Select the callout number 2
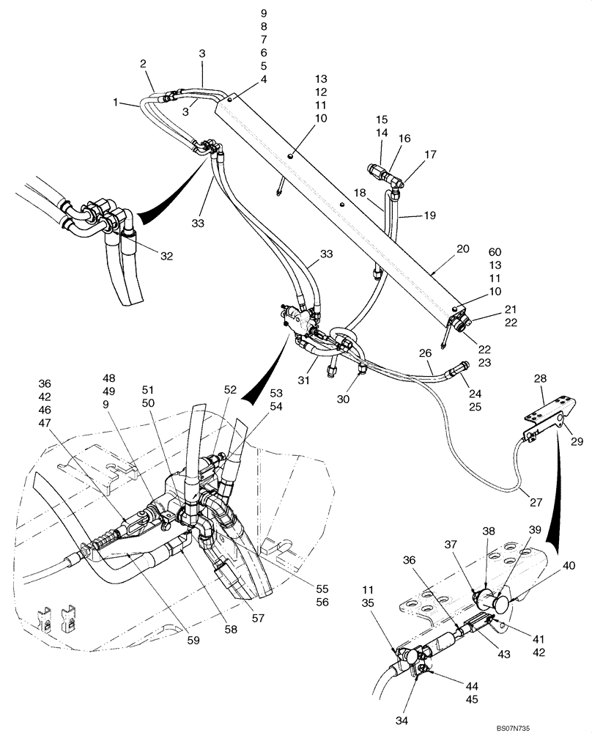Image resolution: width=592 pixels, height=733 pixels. point(144,64)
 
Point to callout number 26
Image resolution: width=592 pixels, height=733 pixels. point(425,353)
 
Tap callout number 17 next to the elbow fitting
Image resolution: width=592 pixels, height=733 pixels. point(430,155)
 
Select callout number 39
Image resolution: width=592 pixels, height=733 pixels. point(535,530)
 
